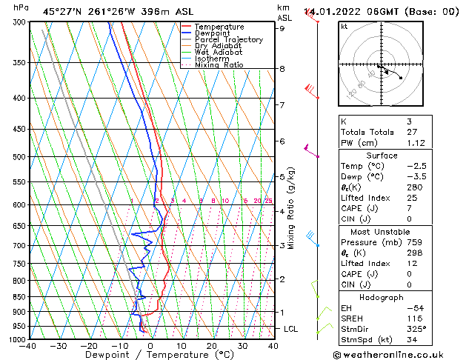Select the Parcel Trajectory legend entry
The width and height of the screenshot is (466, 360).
(x=228, y=40)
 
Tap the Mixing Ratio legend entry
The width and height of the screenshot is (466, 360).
(x=219, y=65)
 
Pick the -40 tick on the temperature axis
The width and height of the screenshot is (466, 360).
(x=28, y=345)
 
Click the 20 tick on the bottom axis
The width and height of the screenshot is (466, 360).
(x=212, y=345)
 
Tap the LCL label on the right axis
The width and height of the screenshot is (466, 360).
(x=291, y=328)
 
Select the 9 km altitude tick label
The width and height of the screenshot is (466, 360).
(x=282, y=28)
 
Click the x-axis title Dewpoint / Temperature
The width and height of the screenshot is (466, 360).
(x=150, y=355)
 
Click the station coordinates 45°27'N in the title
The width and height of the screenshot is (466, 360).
(x=61, y=11)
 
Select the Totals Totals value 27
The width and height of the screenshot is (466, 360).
(x=412, y=132)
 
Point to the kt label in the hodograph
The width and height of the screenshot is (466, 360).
(x=344, y=26)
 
